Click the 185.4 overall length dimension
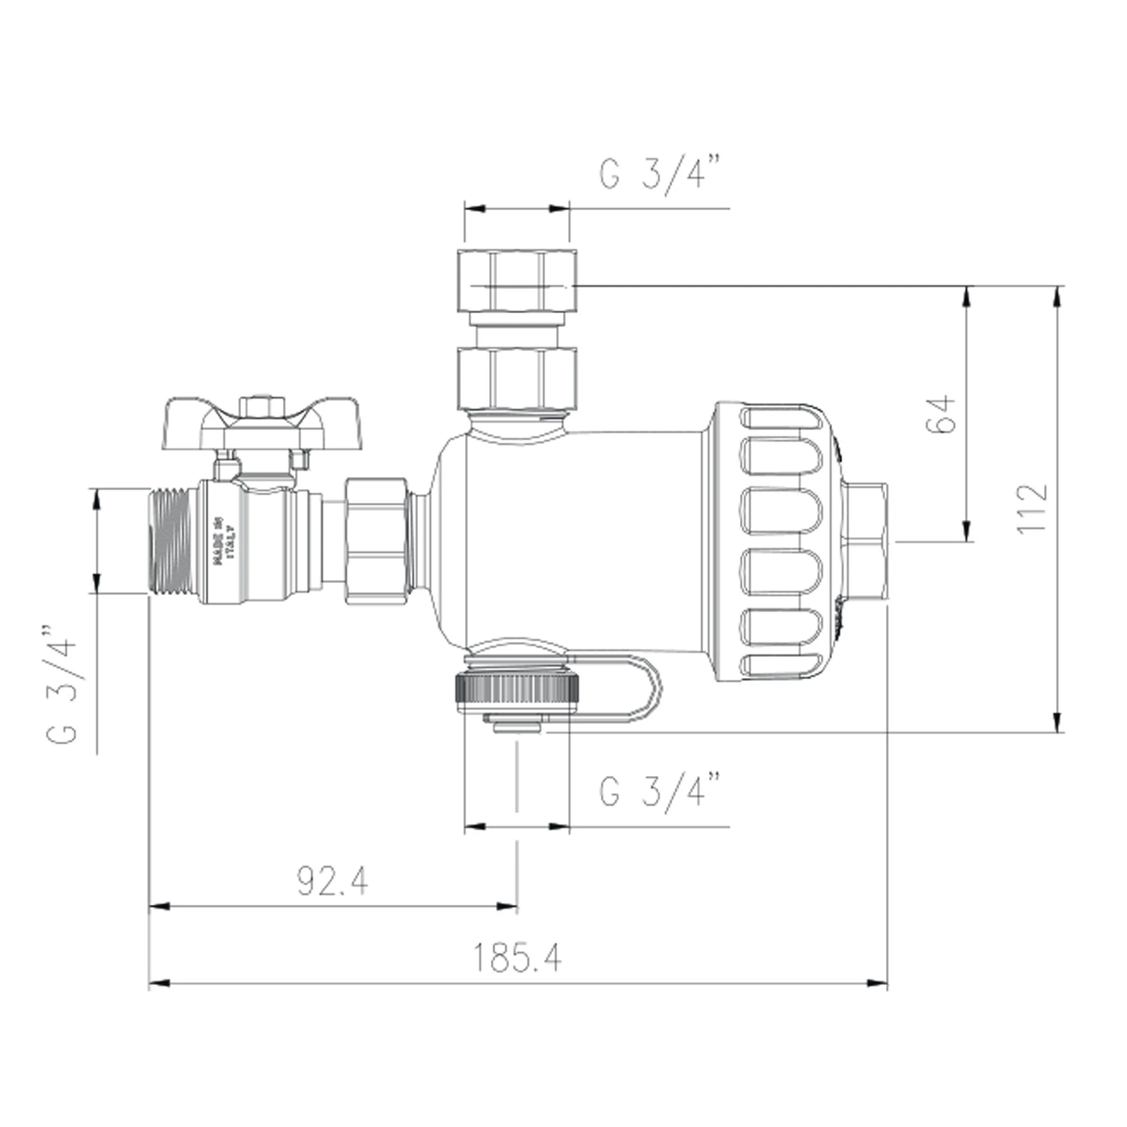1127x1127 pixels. click(x=517, y=958)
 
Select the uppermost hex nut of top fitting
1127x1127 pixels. click(x=517, y=281)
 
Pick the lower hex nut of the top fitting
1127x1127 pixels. click(x=517, y=378)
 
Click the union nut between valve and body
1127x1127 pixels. click(x=376, y=542)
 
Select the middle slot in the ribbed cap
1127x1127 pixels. click(x=782, y=511)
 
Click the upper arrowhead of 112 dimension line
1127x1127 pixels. click(x=1056, y=298)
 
